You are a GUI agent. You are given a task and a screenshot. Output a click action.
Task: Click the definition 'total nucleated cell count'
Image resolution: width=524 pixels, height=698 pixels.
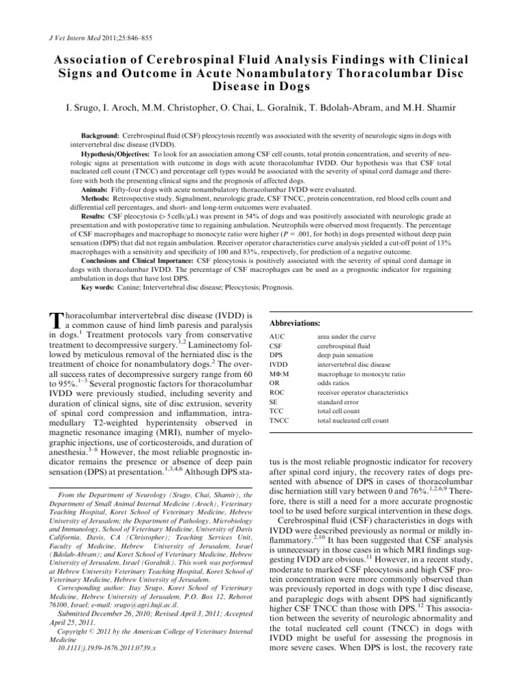353,421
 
